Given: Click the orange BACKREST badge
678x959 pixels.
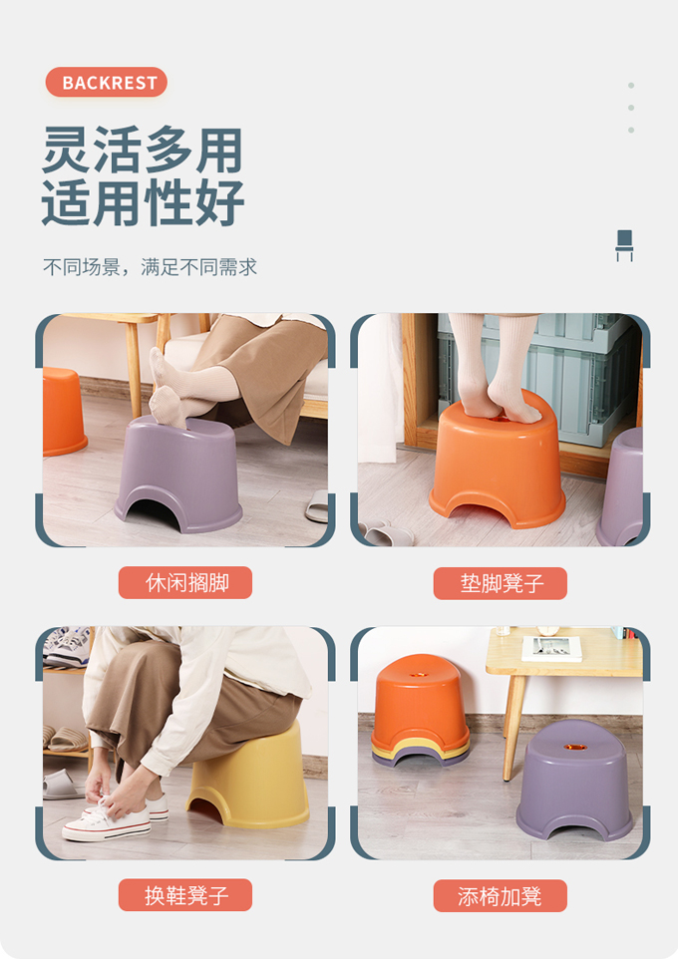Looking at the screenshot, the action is pyautogui.click(x=106, y=82).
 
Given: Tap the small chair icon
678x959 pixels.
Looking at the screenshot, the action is pyautogui.click(x=624, y=245).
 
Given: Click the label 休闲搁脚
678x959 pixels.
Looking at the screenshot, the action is pyautogui.click(x=185, y=582).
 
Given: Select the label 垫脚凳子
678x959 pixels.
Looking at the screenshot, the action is pyautogui.click(x=501, y=583).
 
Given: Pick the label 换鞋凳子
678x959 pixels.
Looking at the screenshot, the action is pyautogui.click(x=185, y=895).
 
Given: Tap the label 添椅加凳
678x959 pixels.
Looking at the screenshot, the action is pyautogui.click(x=501, y=896).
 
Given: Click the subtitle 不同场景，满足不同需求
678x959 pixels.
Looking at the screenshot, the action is pyautogui.click(x=150, y=267).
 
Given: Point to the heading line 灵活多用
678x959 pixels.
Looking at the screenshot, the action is pyautogui.click(x=143, y=150).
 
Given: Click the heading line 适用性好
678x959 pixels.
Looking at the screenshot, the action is pyautogui.click(x=143, y=202).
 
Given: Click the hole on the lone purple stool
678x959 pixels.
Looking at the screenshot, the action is pyautogui.click(x=574, y=748).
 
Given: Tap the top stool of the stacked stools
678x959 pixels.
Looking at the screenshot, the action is pyautogui.click(x=419, y=700).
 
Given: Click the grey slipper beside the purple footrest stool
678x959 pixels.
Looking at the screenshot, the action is pyautogui.click(x=318, y=505).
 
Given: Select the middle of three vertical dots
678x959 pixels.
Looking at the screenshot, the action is pyautogui.click(x=631, y=108).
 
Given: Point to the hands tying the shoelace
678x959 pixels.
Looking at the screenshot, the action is pyautogui.click(x=120, y=788).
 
